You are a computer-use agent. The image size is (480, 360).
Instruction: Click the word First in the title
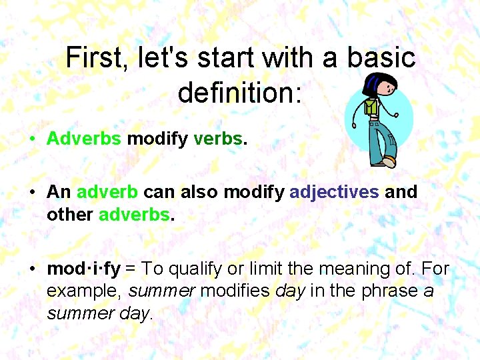coord(96,59)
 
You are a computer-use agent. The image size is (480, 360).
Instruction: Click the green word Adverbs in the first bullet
coord(84,138)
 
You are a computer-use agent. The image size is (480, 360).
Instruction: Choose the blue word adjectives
coord(334,193)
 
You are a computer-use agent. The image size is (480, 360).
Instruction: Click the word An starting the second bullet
coord(59,192)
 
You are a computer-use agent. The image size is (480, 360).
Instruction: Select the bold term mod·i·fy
coord(83,269)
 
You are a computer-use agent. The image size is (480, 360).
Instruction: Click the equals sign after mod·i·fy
coord(131,269)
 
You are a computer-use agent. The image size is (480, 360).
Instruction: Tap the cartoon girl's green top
coord(372,107)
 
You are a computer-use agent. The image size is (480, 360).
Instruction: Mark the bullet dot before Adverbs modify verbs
coord(32,139)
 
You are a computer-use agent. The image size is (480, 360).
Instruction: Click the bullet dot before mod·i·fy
coord(32,270)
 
